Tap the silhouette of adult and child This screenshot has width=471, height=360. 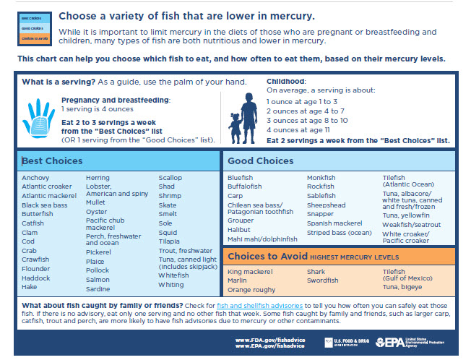pos(242,115)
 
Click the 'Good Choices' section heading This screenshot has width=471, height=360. pos(260,160)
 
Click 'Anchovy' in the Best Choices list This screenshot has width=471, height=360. pos(35,178)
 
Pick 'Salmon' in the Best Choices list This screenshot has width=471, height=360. pos(98,279)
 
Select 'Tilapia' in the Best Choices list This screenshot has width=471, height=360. pos(170,241)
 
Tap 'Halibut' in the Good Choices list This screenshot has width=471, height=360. pos(238,230)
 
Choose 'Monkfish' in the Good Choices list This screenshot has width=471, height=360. pos(321,178)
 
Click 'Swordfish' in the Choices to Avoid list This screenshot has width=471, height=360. pos(322,280)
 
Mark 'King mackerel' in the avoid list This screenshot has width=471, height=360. pos(249,272)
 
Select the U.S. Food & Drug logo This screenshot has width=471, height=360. pos(345,341)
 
